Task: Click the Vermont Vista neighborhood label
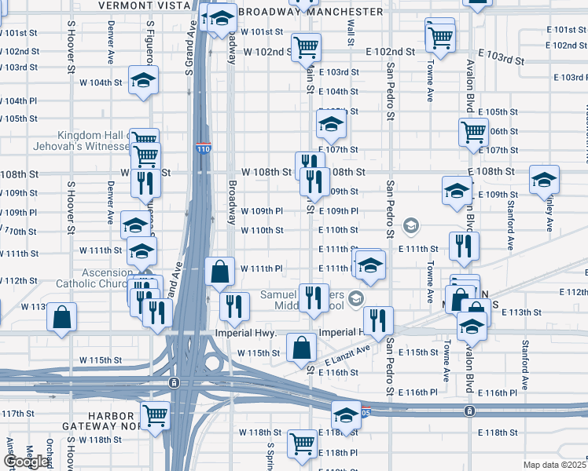pos(145,5)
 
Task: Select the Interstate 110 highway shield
pos(203,148)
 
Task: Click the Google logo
pos(26,462)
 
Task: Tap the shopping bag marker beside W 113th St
pos(61,318)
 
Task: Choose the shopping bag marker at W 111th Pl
pos(220,271)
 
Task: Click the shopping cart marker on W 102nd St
pos(306,46)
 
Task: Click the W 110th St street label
pos(262,230)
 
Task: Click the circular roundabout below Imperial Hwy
pos(212,363)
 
